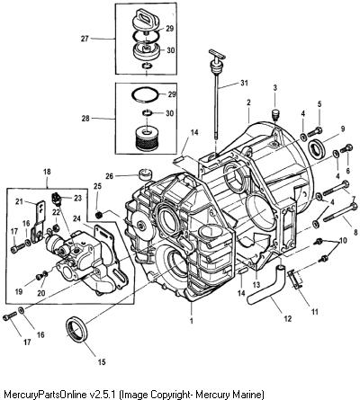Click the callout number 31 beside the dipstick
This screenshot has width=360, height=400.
tap(244, 83)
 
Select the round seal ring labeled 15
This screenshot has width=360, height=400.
tap(77, 330)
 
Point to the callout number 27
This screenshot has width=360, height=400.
tap(85, 39)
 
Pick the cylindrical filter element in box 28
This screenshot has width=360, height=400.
tap(146, 138)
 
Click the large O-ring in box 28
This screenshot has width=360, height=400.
tap(145, 94)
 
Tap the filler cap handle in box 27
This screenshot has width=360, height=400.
tap(145, 16)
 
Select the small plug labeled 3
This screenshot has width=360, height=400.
tap(275, 113)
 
